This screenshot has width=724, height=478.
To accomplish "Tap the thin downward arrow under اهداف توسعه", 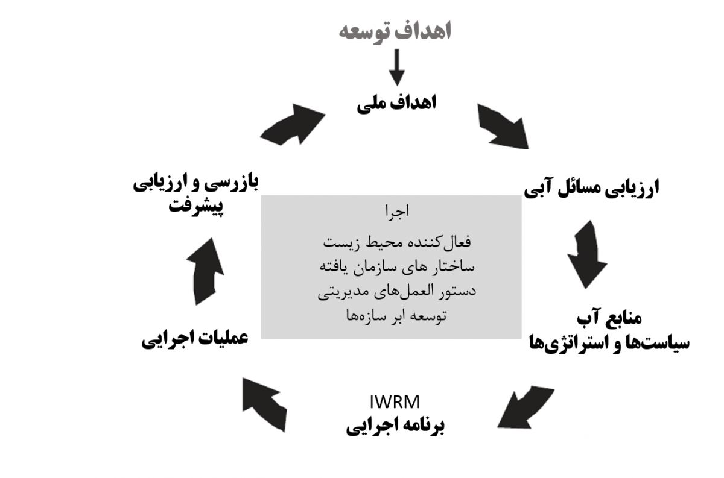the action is (x=396, y=68).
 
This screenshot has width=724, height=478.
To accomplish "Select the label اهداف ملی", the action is (x=396, y=103).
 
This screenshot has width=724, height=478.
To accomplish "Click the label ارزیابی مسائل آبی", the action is (x=591, y=188).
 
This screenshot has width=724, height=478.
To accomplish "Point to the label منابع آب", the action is (x=609, y=318).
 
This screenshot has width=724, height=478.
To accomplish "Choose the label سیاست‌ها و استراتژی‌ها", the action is (x=609, y=343).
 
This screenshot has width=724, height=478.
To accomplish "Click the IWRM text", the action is (x=395, y=402).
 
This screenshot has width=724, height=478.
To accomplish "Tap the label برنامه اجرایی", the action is (x=395, y=426).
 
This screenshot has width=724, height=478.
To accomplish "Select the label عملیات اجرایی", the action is (x=195, y=339).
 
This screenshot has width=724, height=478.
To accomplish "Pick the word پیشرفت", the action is (x=196, y=207).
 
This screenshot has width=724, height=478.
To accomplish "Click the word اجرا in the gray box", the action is (x=397, y=212).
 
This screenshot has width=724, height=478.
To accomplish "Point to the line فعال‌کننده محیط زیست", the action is (x=397, y=242).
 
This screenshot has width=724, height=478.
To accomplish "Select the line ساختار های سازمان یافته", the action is (x=397, y=267).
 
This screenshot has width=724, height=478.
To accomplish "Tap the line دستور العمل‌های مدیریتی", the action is (x=397, y=291).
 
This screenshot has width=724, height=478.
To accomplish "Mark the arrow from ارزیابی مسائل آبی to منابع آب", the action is (x=586, y=254).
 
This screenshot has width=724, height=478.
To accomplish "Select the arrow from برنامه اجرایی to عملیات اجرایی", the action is (x=264, y=404).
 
